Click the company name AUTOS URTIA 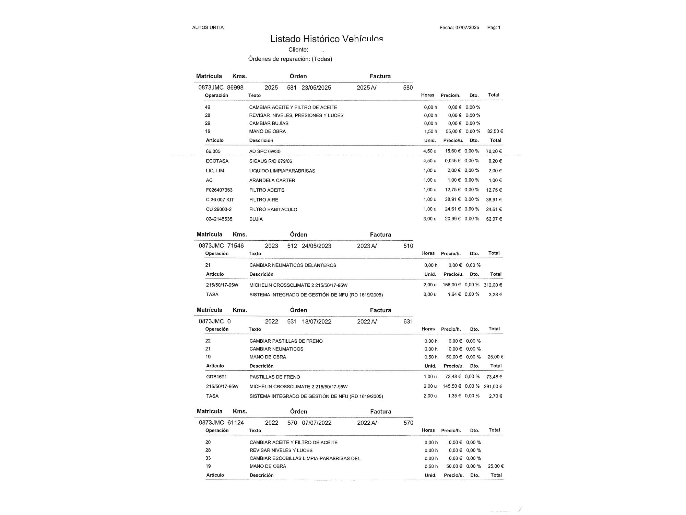208,27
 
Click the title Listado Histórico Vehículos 327,39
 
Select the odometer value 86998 235,88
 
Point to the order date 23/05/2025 316,88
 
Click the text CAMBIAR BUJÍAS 269,123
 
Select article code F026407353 219,190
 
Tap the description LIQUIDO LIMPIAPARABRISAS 282,171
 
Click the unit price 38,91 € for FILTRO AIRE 453,199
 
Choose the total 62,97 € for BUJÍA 494,219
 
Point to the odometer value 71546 236,246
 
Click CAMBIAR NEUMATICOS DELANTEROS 293,265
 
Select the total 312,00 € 493,285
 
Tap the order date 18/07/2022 317,322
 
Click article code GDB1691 216,377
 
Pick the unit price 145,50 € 452,386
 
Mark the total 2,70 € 495,396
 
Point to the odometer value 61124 236,423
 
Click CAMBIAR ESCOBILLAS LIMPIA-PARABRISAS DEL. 305,458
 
